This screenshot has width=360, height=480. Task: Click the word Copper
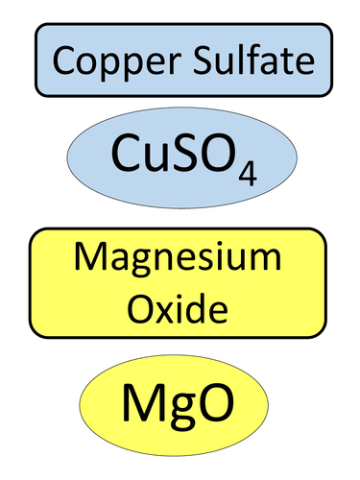[x=111, y=62]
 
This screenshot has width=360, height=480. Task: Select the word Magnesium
[x=180, y=260]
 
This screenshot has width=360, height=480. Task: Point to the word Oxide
[x=180, y=309]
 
